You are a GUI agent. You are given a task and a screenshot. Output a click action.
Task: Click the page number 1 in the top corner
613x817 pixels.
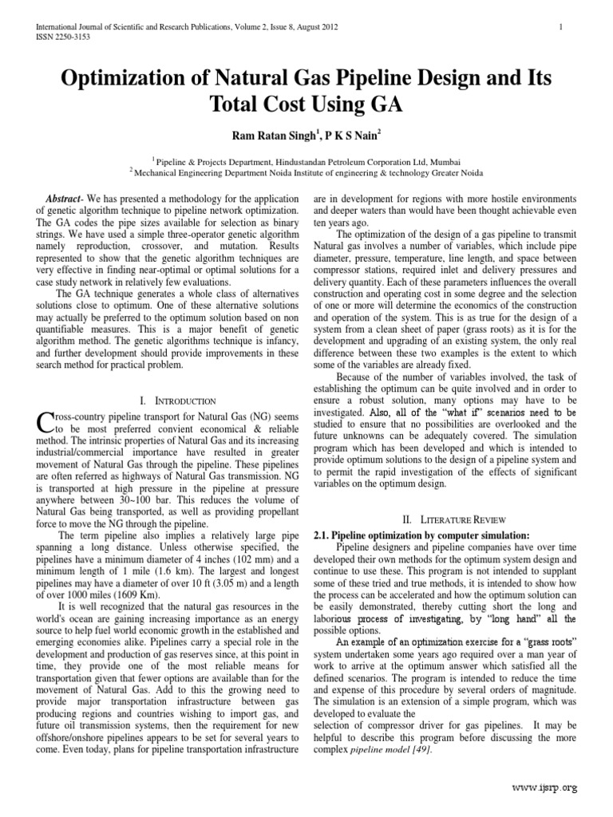point(562,27)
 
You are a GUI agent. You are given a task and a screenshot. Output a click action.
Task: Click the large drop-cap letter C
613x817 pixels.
point(46,421)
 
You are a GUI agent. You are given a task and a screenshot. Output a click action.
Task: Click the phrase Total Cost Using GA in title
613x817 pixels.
point(306,105)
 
